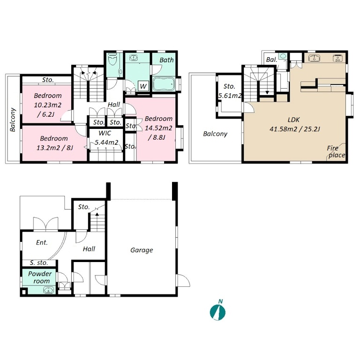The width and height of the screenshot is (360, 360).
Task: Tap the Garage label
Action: point(142,250)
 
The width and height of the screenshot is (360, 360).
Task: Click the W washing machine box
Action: point(143,86)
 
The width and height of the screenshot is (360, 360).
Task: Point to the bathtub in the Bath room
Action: point(164,84)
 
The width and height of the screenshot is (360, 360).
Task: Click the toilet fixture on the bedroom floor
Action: point(112,60)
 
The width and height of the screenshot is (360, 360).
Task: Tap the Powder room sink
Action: point(48,290)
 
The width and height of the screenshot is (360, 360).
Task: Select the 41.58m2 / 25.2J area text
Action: point(294,129)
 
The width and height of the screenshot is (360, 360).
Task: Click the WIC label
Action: point(105,133)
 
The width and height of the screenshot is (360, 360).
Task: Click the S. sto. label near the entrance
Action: point(39,263)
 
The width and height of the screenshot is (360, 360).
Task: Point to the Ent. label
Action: point(42,242)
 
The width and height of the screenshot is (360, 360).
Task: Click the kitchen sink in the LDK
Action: point(314,58)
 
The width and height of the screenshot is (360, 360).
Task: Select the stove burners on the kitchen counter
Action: point(337,58)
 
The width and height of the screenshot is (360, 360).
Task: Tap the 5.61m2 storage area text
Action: point(230,96)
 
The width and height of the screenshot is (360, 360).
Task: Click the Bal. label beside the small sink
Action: point(271,60)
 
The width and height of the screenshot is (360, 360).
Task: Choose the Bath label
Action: point(166,60)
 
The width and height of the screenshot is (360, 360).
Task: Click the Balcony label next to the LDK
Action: point(215,134)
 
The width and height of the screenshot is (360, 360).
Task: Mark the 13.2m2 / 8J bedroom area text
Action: point(55,148)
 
